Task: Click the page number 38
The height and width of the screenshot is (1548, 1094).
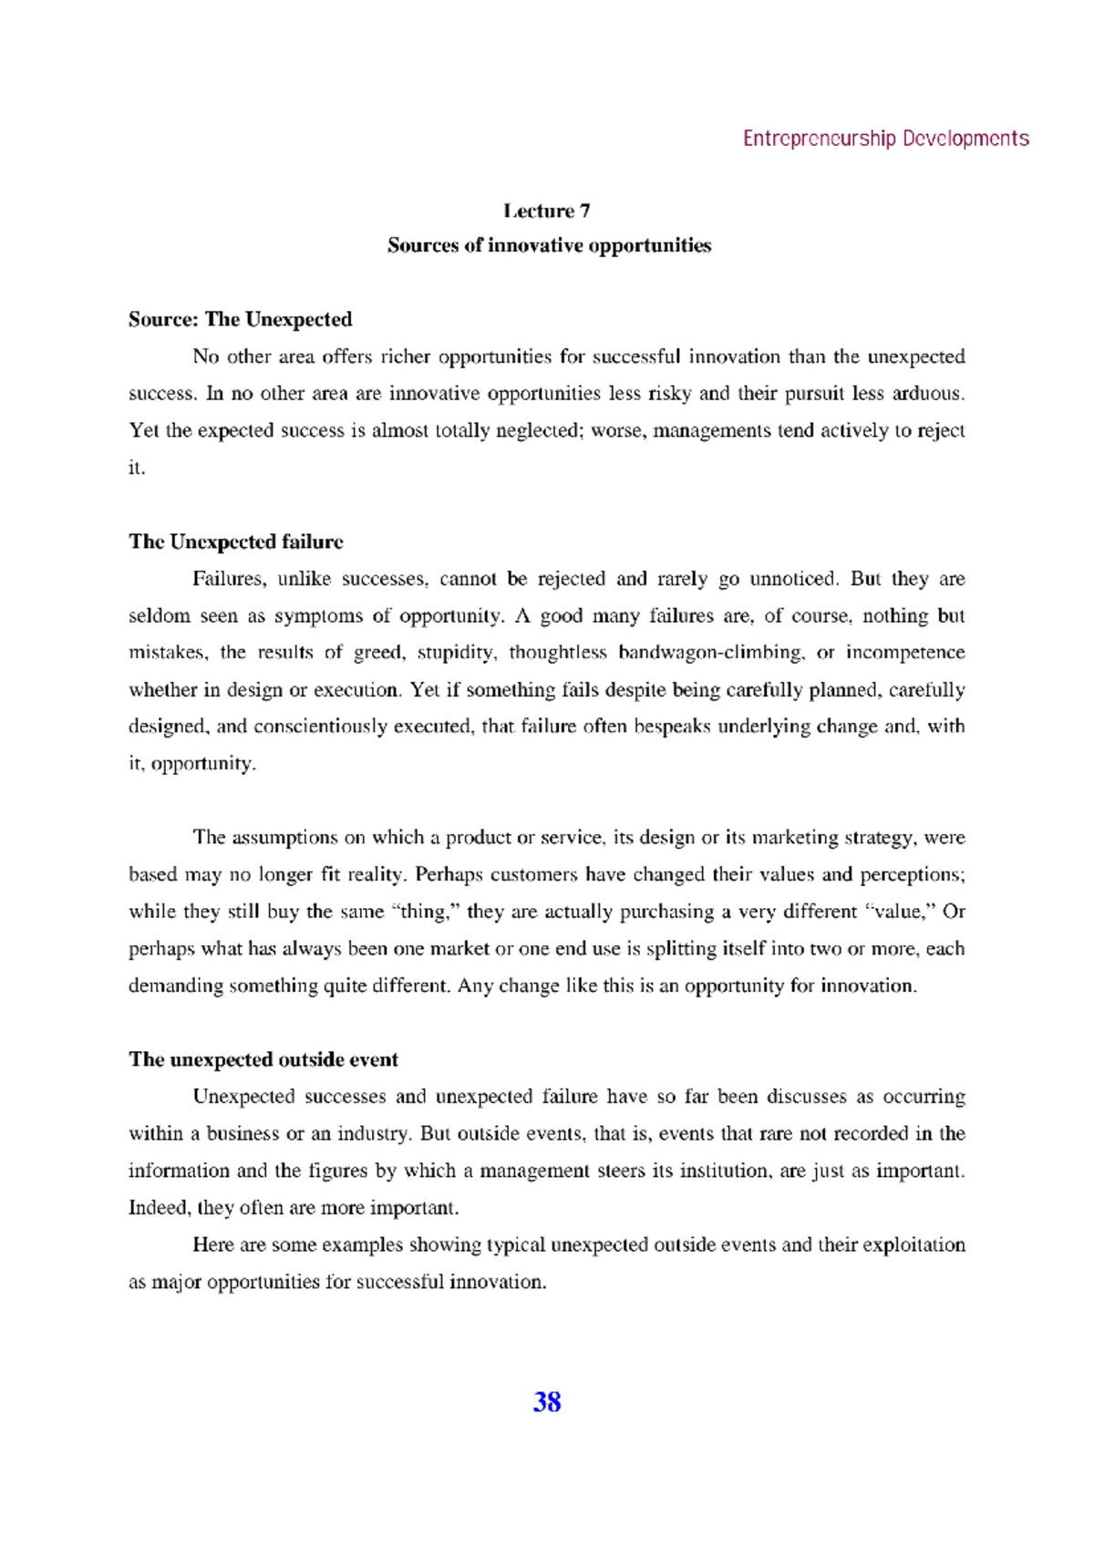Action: click(x=546, y=1402)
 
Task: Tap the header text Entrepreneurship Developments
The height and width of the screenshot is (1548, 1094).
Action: click(x=885, y=139)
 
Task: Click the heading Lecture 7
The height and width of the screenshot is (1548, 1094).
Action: click(x=547, y=211)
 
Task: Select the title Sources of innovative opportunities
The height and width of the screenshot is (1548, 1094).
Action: click(x=548, y=245)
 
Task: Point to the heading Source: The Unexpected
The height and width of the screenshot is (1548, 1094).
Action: click(x=240, y=319)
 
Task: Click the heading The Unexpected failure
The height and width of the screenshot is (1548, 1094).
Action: click(x=236, y=542)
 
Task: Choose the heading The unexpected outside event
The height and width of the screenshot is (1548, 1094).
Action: click(x=263, y=1059)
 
